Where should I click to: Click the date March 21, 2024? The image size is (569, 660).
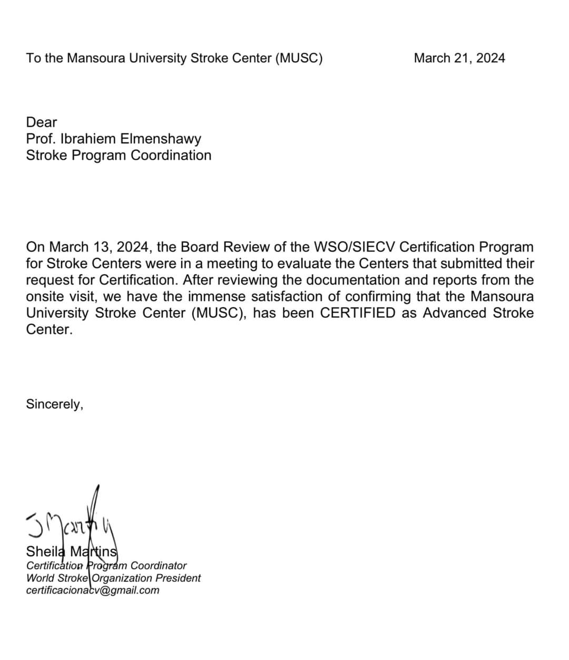tap(459, 58)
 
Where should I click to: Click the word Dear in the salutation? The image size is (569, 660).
tap(41, 122)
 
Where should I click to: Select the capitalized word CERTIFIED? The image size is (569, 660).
tap(358, 313)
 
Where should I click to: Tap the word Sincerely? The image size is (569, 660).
tap(54, 404)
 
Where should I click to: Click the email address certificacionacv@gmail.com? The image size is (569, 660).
tap(93, 590)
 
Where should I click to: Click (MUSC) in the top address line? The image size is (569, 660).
tap(298, 58)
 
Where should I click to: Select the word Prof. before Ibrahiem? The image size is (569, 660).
tap(38, 139)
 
